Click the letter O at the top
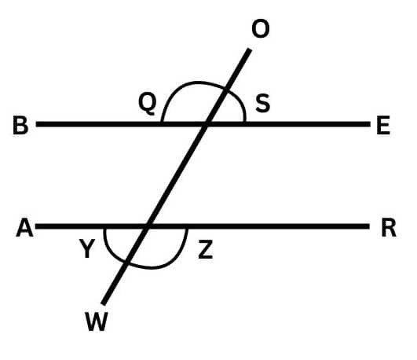click(261, 29)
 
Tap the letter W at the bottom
click(97, 321)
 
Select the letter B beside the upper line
click(20, 125)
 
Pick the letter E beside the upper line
click(383, 125)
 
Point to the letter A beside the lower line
click(24, 227)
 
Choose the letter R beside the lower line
click(389, 228)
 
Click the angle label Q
click(147, 104)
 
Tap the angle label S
click(263, 103)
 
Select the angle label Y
click(87, 248)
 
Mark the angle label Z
click(206, 249)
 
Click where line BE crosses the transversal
click(206, 124)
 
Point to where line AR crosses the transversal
click(147, 226)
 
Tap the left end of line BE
click(36, 124)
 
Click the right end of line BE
click(370, 124)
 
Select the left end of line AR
click(36, 226)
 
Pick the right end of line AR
click(369, 226)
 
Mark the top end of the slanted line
click(250, 50)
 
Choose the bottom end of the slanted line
click(103, 304)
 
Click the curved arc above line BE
click(198, 83)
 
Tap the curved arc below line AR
click(152, 267)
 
